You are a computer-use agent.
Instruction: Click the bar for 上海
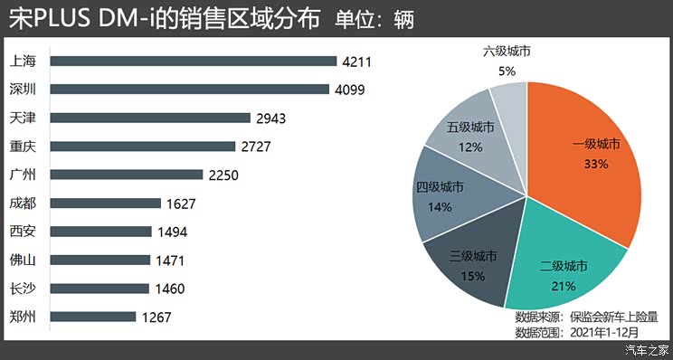click(x=193, y=62)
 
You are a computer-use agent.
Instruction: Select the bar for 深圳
click(x=189, y=90)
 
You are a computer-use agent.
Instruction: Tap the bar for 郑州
click(x=93, y=317)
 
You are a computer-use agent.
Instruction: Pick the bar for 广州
click(x=126, y=175)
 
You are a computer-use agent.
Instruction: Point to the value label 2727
click(x=256, y=147)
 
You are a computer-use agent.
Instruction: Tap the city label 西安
click(x=22, y=232)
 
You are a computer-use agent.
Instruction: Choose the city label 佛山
click(x=22, y=261)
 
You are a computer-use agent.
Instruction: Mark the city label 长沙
click(x=22, y=289)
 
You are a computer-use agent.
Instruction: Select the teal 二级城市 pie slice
click(x=565, y=267)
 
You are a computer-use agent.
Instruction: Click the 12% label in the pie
click(x=470, y=146)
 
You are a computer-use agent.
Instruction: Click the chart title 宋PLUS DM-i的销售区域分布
click(x=163, y=19)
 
